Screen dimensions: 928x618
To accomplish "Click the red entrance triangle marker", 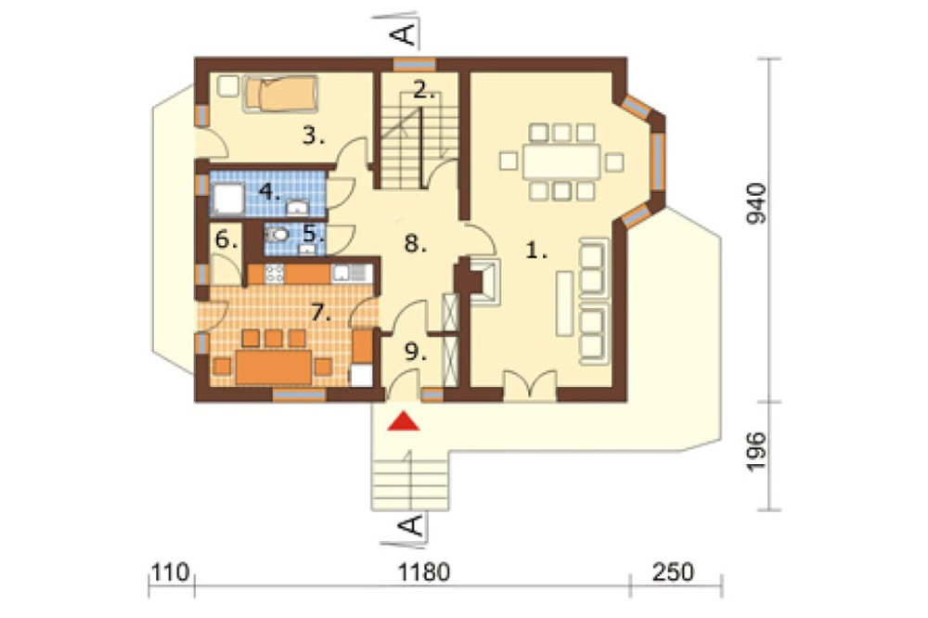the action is [x=404, y=421].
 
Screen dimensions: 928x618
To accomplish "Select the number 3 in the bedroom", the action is [x=314, y=136].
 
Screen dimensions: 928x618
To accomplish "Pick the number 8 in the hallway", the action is [x=416, y=243].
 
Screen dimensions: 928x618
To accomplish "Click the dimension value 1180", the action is [x=424, y=573].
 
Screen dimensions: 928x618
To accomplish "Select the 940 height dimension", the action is [x=755, y=203].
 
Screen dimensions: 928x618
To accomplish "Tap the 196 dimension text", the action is [x=755, y=452].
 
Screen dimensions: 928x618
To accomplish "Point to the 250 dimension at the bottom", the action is [x=673, y=573].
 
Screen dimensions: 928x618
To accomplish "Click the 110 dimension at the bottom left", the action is [x=171, y=573].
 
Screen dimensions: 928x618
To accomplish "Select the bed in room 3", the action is [x=281, y=94].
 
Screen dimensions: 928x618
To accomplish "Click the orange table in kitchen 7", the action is [x=274, y=367].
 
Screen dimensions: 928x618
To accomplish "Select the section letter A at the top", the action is [x=404, y=34].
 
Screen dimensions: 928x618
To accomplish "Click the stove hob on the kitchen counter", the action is [x=275, y=274].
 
